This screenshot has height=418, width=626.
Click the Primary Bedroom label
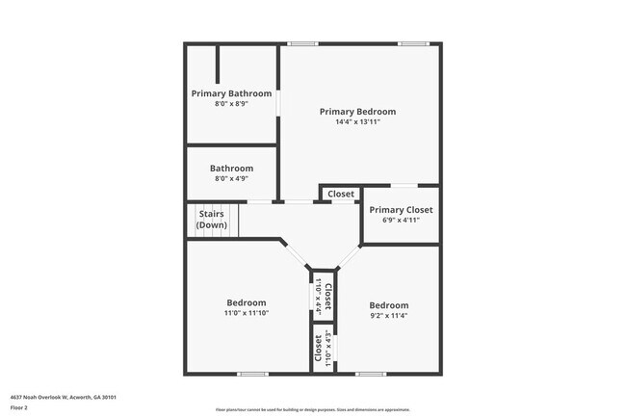357,112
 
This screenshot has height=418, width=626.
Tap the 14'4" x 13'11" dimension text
357,122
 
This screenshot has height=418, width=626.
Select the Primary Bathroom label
231,93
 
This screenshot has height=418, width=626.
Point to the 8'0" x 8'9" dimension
231,104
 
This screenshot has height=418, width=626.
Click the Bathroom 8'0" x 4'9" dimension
231,178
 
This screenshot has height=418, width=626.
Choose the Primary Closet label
401,209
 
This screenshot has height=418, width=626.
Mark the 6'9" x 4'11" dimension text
401,220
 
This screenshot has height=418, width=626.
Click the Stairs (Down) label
212,219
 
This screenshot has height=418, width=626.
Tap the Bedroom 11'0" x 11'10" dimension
247,313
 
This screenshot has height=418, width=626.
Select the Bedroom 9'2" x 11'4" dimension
389,316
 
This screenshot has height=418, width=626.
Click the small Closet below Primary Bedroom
341,194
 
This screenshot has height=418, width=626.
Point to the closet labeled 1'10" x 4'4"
322,297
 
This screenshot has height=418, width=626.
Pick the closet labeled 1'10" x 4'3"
322,351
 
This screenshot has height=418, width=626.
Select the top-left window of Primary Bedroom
303,43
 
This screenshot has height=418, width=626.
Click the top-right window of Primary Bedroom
414,43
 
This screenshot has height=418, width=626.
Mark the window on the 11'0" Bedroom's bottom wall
252,374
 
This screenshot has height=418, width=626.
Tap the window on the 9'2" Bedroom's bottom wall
371,374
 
